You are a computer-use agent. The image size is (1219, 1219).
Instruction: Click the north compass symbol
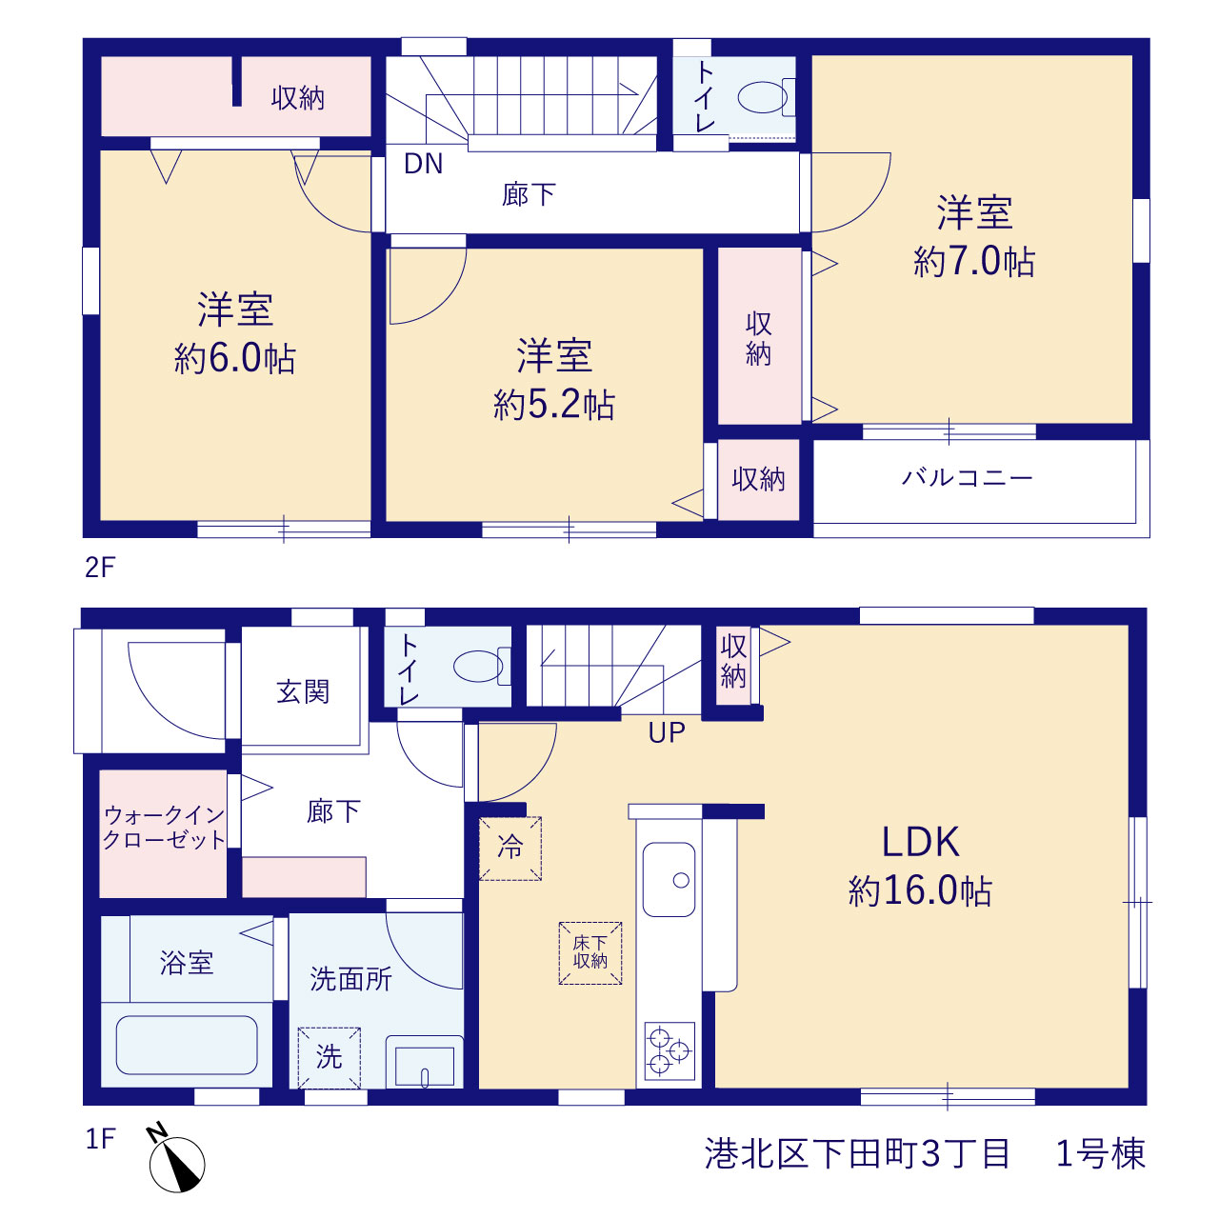pos(176,1163)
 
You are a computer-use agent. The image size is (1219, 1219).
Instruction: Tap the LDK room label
pos(920,841)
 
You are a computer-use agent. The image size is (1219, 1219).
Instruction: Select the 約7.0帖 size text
pos(974,261)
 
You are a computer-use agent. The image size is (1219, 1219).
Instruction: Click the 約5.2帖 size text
pos(553,404)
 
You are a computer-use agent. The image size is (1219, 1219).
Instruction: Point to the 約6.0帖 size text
pos(234,358)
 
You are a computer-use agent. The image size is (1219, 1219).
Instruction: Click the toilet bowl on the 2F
pos(766,97)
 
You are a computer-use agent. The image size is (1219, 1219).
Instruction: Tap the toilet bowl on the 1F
pos(482,666)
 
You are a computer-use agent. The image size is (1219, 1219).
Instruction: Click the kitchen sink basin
pos(669,879)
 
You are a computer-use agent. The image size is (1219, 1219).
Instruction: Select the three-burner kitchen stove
pos(669,1050)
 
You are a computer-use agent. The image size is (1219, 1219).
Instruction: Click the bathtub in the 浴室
pos(187,1045)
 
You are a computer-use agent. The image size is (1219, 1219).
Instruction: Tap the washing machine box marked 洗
pos(329,1058)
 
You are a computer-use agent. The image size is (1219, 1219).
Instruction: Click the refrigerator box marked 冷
pos(510,849)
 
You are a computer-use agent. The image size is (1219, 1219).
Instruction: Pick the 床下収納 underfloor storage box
pos(590,952)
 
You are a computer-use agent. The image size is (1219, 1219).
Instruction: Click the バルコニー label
pos(967,477)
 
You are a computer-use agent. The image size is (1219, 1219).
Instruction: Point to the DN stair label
pos(423,164)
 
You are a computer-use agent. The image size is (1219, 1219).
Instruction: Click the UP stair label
pos(667,732)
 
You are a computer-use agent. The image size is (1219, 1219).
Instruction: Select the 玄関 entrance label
pos(303,692)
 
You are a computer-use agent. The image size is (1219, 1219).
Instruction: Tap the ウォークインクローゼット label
pos(164,827)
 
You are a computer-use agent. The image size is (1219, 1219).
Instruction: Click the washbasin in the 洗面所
pos(425,1062)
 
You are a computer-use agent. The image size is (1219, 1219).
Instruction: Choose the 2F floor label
pos(100,568)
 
